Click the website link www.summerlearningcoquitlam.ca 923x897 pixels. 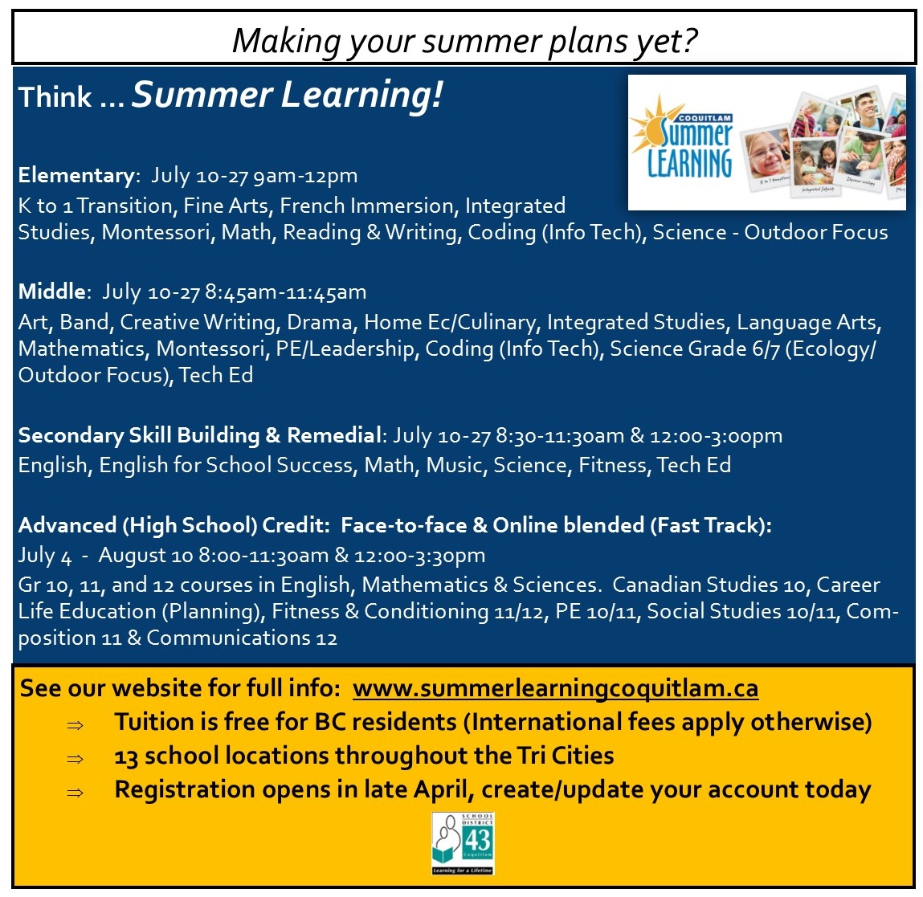(x=555, y=688)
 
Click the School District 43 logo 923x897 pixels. (x=463, y=843)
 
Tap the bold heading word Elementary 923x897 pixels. (x=76, y=176)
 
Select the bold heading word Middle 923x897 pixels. (x=51, y=292)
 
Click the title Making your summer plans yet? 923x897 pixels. (x=464, y=41)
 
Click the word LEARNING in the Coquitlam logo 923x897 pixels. (x=689, y=163)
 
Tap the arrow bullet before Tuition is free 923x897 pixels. (x=76, y=725)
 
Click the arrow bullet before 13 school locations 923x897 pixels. (x=76, y=759)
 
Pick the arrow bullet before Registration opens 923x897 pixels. (x=76, y=793)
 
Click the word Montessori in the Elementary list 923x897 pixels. (x=156, y=233)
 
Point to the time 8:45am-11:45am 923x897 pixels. (x=285, y=292)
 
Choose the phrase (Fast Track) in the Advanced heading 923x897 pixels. (x=708, y=525)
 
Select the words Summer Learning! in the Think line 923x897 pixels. (x=288, y=95)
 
